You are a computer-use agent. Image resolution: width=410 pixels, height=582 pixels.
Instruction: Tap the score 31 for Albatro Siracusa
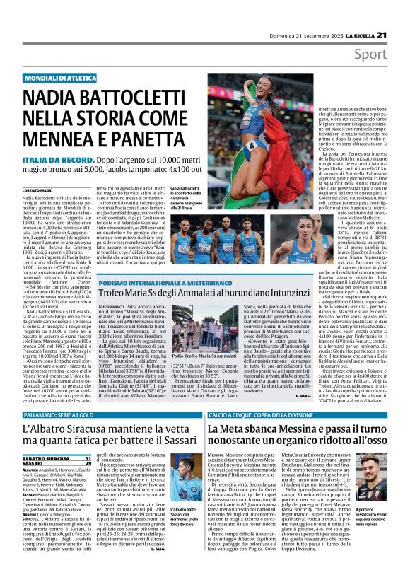[x=107, y=439]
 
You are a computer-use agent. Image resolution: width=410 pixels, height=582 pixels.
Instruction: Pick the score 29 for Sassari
[x=107, y=445]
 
